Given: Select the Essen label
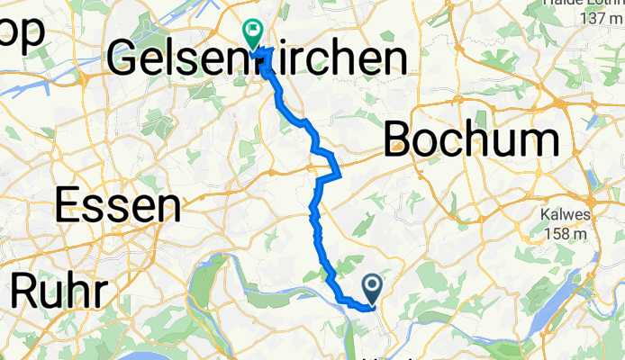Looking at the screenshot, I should [116, 206].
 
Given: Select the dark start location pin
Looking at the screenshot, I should [374, 288].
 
